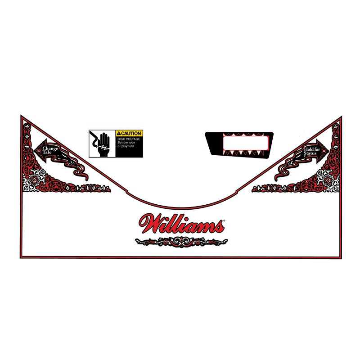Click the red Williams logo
point(181,224)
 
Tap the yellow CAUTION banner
point(129,134)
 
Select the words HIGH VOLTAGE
point(128,139)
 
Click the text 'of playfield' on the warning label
point(126,146)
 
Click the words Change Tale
point(50,150)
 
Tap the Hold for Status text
point(310,151)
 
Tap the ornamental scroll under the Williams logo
point(181,242)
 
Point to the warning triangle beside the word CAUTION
point(119,134)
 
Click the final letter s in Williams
point(217,226)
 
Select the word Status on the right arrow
point(310,153)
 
